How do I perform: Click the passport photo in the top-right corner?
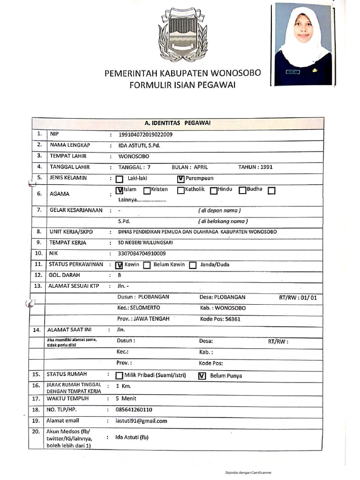[x=303, y=44]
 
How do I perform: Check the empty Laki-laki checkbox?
[x=119, y=179]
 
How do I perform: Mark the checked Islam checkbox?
[x=119, y=191]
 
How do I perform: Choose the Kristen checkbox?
[x=147, y=191]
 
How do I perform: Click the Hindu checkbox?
[x=213, y=191]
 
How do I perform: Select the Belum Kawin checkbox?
[x=147, y=265]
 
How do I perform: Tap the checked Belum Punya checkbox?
[x=202, y=376]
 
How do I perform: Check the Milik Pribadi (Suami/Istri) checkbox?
[x=119, y=376]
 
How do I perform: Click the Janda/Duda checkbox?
[x=192, y=265]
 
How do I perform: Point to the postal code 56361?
[x=232, y=319]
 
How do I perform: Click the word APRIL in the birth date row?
[x=200, y=167]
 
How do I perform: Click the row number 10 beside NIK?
[x=38, y=254]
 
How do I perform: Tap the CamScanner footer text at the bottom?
[x=248, y=472]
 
